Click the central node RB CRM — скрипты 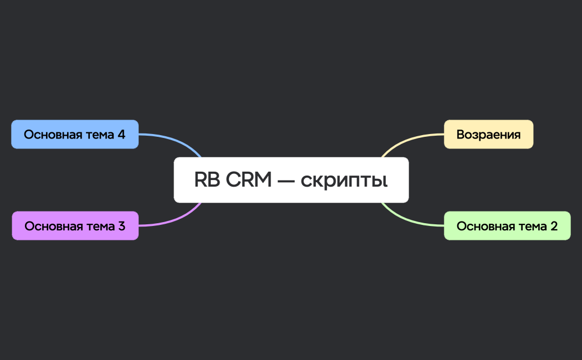click(291, 180)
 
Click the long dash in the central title click(285, 181)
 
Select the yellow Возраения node click(488, 135)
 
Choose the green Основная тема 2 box click(507, 226)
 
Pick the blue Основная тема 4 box click(75, 135)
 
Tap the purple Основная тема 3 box click(75, 226)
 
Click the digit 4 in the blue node click(121, 135)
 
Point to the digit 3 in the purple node click(121, 226)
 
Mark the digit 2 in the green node click(554, 226)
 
